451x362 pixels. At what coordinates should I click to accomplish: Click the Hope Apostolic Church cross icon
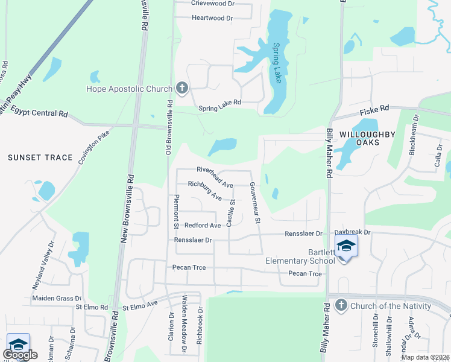point(181,89)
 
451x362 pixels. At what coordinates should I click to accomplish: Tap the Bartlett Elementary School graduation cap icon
point(346,246)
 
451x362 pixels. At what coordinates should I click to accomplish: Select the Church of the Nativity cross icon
point(341,305)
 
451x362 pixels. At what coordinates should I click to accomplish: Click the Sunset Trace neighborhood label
point(40,157)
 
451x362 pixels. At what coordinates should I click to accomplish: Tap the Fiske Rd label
point(374,110)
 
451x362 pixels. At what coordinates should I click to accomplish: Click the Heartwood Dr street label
point(212,18)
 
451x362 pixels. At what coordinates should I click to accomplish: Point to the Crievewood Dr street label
point(212,3)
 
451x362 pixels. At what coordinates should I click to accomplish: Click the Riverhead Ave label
point(215,173)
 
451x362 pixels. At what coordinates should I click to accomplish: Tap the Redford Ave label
point(203,225)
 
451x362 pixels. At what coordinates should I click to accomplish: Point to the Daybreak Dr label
point(352,232)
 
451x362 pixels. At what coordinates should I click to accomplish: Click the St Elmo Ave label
point(140,307)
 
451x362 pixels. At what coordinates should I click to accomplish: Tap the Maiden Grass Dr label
point(56,298)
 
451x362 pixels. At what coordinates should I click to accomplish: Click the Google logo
point(20,355)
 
